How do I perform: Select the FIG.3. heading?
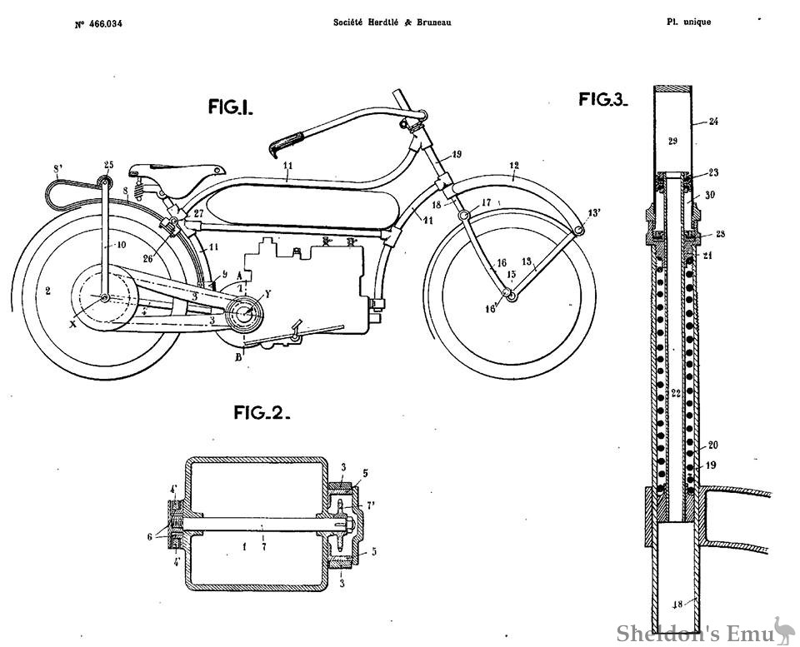tap(603, 100)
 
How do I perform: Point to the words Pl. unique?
tap(688, 22)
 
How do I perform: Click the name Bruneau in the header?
tap(433, 22)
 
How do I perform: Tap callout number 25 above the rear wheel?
tap(108, 163)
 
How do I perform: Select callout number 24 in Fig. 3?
tap(713, 122)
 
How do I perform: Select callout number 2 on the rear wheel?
tap(48, 291)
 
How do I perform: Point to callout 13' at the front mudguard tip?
tap(594, 212)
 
